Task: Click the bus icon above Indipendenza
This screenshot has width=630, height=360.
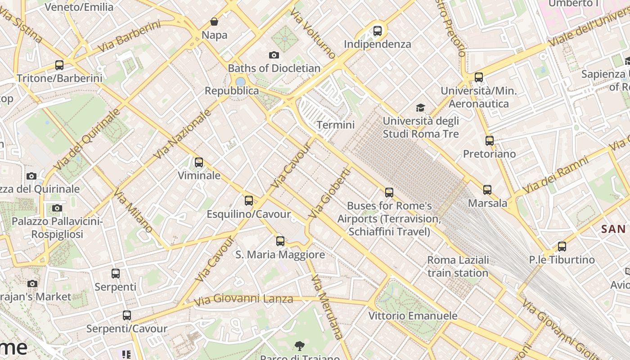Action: pos(378,31)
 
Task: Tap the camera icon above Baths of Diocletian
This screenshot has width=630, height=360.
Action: pos(274,55)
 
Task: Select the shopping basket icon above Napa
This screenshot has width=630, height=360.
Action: pos(214,22)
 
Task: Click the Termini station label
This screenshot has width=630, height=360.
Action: pos(336,125)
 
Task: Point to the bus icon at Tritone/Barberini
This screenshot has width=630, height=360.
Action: pos(59,65)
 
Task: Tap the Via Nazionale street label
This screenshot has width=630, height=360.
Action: pos(182,134)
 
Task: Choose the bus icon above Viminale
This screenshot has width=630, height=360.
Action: pos(199,162)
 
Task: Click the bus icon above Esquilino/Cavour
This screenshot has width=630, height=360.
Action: pos(249,201)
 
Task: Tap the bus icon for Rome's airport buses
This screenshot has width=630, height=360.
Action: pos(389,193)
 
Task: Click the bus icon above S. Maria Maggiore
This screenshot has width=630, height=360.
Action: pos(280,241)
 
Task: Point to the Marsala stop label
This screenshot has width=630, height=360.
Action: pos(488,203)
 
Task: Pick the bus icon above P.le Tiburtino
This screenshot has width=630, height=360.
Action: pos(562,247)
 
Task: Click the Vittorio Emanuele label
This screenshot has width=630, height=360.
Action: pos(413,315)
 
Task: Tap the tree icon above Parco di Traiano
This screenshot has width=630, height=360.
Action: pos(299,346)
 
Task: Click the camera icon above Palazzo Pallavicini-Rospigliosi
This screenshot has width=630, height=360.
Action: pos(57,208)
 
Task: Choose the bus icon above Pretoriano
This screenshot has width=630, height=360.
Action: pos(490,141)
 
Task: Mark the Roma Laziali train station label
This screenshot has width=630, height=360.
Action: pos(458,266)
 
